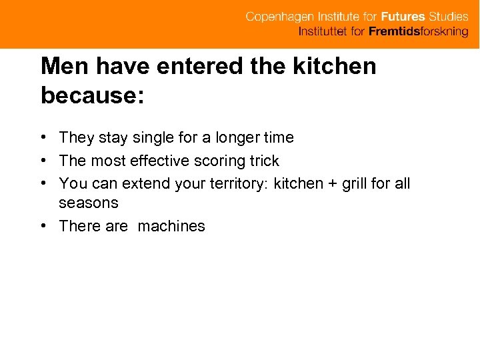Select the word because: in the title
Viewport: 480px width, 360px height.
pyautogui.click(x=92, y=95)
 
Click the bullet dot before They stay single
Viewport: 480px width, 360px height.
pyautogui.click(x=43, y=137)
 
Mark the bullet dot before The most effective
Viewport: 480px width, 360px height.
pyautogui.click(x=43, y=161)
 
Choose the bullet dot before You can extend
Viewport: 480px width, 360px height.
pyautogui.click(x=43, y=183)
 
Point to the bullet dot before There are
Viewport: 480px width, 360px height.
pyautogui.click(x=43, y=226)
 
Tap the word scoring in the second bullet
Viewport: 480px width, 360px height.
pyautogui.click(x=219, y=161)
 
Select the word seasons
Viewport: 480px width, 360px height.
pyautogui.click(x=89, y=203)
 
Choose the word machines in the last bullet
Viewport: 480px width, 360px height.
pyautogui.click(x=172, y=226)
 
